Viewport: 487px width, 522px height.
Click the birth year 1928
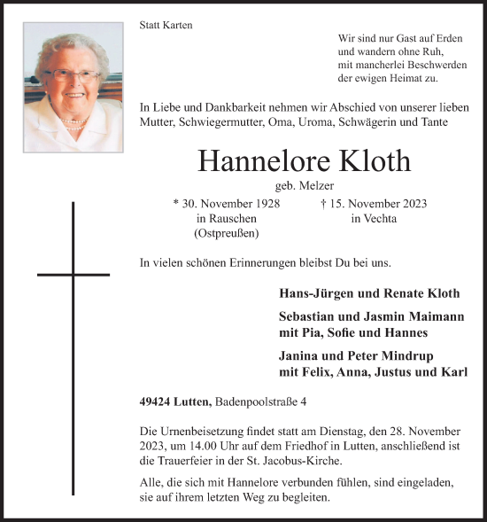pyautogui.click(x=263, y=203)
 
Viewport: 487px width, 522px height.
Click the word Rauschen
pyautogui.click(x=227, y=218)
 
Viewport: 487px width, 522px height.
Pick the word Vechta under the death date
pyautogui.click(x=374, y=218)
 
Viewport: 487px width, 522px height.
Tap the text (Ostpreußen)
pyautogui.click(x=227, y=233)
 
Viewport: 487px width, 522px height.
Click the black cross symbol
pyautogui.click(x=73, y=275)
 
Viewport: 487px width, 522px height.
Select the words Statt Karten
pyautogui.click(x=166, y=26)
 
